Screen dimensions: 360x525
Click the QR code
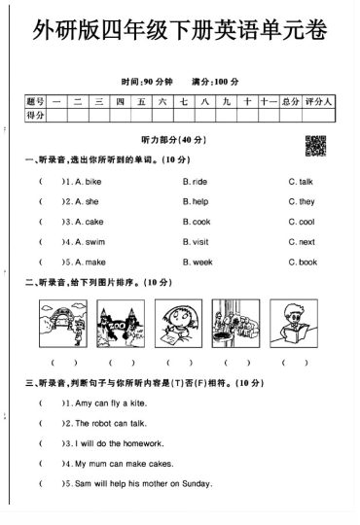[315, 144]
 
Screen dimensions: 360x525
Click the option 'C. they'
[301, 201]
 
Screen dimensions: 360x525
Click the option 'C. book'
[302, 262]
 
